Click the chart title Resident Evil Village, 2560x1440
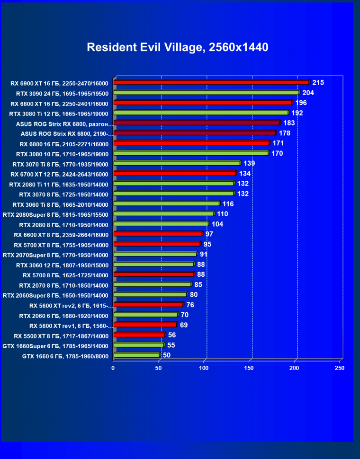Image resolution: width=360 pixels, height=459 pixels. pos(177,47)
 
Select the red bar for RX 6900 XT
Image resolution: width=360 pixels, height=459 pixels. pos(211,82)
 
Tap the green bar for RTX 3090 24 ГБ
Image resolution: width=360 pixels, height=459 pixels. pos(207,93)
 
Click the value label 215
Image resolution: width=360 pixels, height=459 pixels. pos(318,82)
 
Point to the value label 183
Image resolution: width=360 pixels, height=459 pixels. pos(289,123)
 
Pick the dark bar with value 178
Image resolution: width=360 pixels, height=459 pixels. pos(194,133)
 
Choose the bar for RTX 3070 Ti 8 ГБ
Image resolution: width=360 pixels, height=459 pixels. pos(177,163)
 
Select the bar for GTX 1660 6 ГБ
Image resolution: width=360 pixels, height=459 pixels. pos(136,355)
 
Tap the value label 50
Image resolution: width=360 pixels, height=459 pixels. pos(167,355)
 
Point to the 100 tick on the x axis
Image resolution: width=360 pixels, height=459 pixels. pos(204,368)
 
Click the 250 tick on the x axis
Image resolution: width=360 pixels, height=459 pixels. pos(339,368)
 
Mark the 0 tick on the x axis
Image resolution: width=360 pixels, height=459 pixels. pos(113,368)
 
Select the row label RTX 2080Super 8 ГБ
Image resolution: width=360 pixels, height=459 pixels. pos(55,214)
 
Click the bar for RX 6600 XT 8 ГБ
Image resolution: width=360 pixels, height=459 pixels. pos(158,234)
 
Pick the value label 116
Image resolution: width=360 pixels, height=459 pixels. pos(228,203)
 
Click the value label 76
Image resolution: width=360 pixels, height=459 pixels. pos(190,305)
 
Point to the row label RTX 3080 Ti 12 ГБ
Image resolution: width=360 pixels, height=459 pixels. pos(59,114)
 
